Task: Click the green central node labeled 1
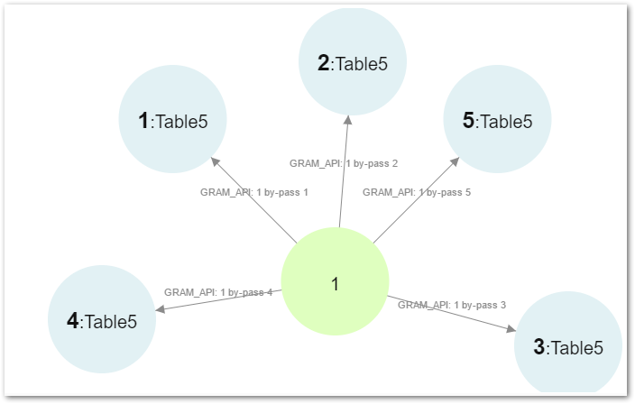pyautogui.click(x=335, y=282)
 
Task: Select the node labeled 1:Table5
pyautogui.click(x=172, y=120)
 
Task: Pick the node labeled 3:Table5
pyautogui.click(x=567, y=346)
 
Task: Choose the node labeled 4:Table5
pyautogui.click(x=101, y=319)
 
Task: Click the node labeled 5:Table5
pyautogui.click(x=497, y=120)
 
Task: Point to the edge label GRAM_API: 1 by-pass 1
pyautogui.click(x=254, y=192)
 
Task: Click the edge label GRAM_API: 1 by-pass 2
pyautogui.click(x=344, y=163)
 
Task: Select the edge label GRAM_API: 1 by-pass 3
pyautogui.click(x=452, y=305)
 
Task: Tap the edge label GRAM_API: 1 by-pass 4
pyautogui.click(x=218, y=292)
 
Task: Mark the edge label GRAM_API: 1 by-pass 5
pyautogui.click(x=417, y=192)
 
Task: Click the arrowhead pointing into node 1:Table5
pyautogui.click(x=215, y=162)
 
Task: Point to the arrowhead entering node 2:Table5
pyautogui.click(x=346, y=121)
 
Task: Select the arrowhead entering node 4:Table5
pyautogui.click(x=160, y=309)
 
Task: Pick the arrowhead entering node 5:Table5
pyautogui.click(x=456, y=162)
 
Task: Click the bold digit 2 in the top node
pyautogui.click(x=323, y=63)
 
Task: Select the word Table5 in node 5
pyautogui.click(x=506, y=121)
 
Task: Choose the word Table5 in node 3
pyautogui.click(x=575, y=347)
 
